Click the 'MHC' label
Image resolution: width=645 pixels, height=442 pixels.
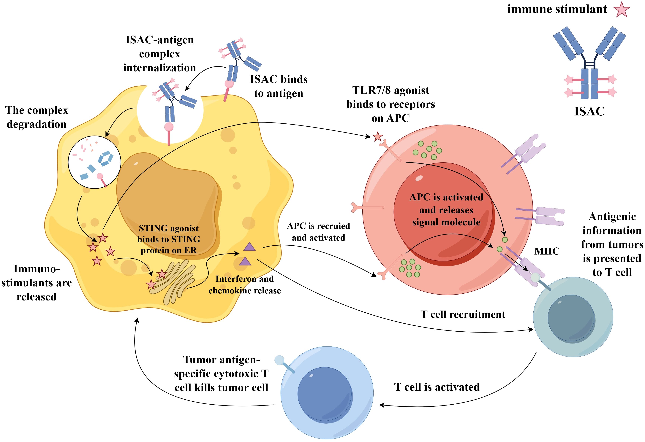[x=547, y=251]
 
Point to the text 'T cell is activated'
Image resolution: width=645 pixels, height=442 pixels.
[x=437, y=387]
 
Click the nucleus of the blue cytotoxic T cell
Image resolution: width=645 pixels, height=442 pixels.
[x=325, y=394]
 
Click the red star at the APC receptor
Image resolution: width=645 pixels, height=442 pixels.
[x=378, y=137]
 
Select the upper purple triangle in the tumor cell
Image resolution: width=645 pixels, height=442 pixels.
[x=249, y=247]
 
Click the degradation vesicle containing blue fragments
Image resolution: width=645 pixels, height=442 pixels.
[x=94, y=162]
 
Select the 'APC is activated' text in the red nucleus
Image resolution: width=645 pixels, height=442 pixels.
[x=446, y=197]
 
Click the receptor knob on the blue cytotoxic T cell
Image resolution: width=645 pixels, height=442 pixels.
[x=279, y=360]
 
